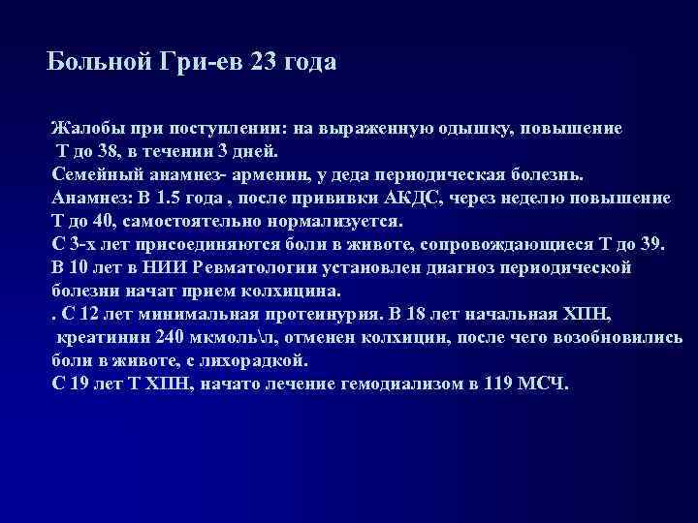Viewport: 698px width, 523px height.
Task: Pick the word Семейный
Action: pos(97,175)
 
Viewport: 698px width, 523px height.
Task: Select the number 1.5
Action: pos(174,198)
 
